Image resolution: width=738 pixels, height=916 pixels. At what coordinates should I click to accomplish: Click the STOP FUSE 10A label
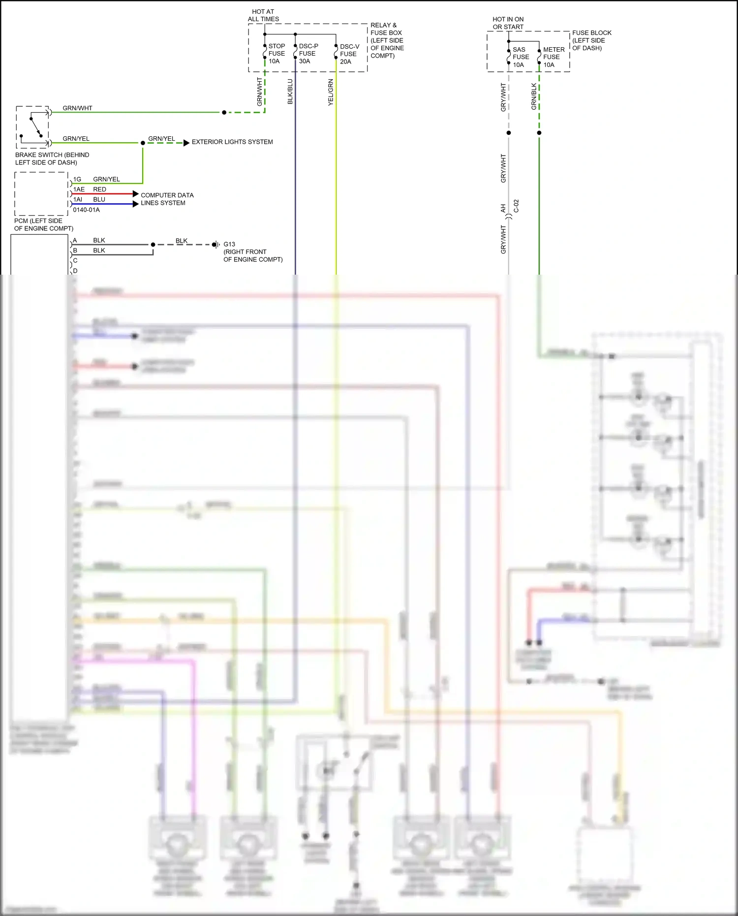(276, 54)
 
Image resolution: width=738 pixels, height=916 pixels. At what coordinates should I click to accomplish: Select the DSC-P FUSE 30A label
(308, 54)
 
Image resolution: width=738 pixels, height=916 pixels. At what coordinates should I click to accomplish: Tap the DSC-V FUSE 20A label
(349, 54)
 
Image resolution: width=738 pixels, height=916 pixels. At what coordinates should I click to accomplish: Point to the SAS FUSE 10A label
(520, 57)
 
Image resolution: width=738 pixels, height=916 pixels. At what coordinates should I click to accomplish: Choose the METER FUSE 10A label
(553, 57)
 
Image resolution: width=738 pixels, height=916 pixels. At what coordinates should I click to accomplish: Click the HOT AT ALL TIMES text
(263, 15)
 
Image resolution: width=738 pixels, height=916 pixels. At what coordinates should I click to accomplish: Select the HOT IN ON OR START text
(508, 23)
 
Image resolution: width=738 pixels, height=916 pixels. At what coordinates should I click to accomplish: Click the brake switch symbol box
(33, 127)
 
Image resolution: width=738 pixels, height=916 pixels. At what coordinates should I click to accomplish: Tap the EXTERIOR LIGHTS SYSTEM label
(232, 142)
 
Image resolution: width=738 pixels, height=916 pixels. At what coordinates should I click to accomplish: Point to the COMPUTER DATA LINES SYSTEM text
(167, 199)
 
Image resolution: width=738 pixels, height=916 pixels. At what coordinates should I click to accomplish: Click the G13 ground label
(229, 244)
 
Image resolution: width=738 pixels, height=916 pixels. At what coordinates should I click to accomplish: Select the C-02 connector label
(516, 206)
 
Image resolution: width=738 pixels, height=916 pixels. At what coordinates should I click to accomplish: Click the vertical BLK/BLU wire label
(290, 92)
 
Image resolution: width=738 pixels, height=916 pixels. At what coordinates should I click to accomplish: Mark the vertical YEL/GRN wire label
(331, 92)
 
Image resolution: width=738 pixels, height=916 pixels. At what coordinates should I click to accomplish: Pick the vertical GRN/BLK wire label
(534, 96)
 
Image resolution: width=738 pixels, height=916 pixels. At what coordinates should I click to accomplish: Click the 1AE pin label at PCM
(79, 190)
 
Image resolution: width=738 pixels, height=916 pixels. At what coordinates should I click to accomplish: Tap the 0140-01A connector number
(86, 210)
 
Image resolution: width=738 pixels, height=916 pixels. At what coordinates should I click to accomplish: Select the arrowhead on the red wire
(136, 194)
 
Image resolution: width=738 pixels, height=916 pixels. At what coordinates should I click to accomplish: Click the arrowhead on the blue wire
(136, 204)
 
